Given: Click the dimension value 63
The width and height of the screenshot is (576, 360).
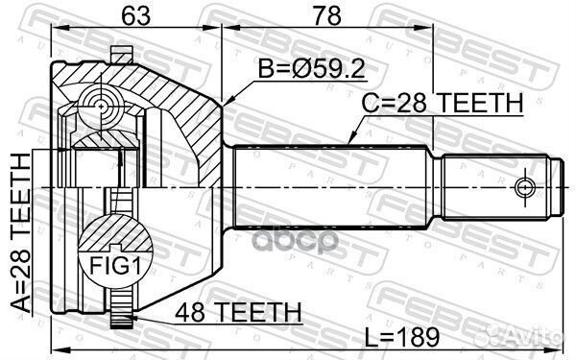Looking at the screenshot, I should coord(133,13).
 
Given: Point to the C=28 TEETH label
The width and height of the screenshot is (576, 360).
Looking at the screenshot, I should coord(441,103).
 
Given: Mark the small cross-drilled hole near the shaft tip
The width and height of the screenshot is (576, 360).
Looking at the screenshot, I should coord(524,184).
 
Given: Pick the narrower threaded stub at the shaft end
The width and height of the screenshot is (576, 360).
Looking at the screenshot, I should coord(499,183).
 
